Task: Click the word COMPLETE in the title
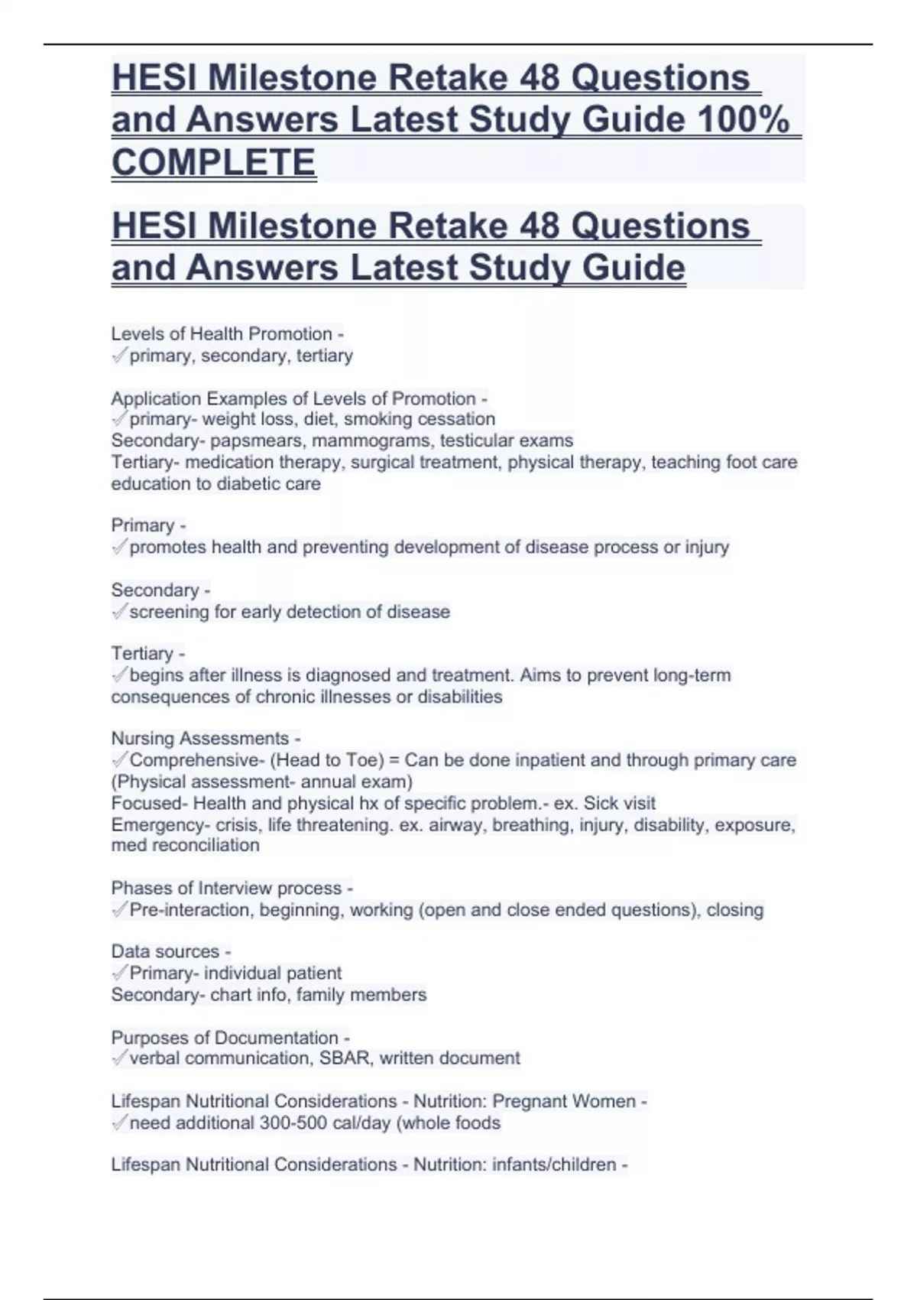coord(214,162)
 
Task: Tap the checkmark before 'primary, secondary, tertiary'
coord(119,356)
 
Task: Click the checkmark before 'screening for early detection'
coord(119,612)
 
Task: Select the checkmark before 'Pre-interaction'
coord(119,910)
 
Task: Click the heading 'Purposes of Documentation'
coord(225,1038)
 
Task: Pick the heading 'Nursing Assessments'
coord(200,739)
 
